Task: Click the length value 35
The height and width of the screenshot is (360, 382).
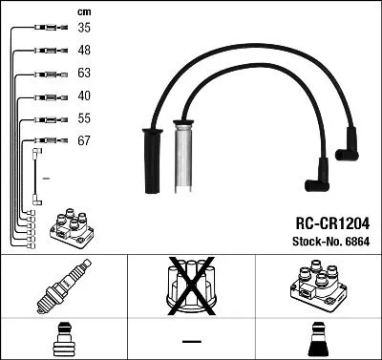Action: [84, 29]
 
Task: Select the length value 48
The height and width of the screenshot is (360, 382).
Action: [84, 51]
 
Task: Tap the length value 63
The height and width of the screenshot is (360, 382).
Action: [84, 74]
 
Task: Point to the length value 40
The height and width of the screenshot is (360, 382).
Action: [84, 95]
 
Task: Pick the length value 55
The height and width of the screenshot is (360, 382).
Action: [84, 118]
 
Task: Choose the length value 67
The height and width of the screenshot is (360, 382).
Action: [84, 140]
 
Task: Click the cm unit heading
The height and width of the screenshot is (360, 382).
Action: [83, 11]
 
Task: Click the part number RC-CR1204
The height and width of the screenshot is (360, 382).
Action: [327, 222]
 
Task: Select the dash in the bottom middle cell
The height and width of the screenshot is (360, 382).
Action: [191, 340]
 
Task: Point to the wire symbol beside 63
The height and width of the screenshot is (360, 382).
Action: [47, 74]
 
